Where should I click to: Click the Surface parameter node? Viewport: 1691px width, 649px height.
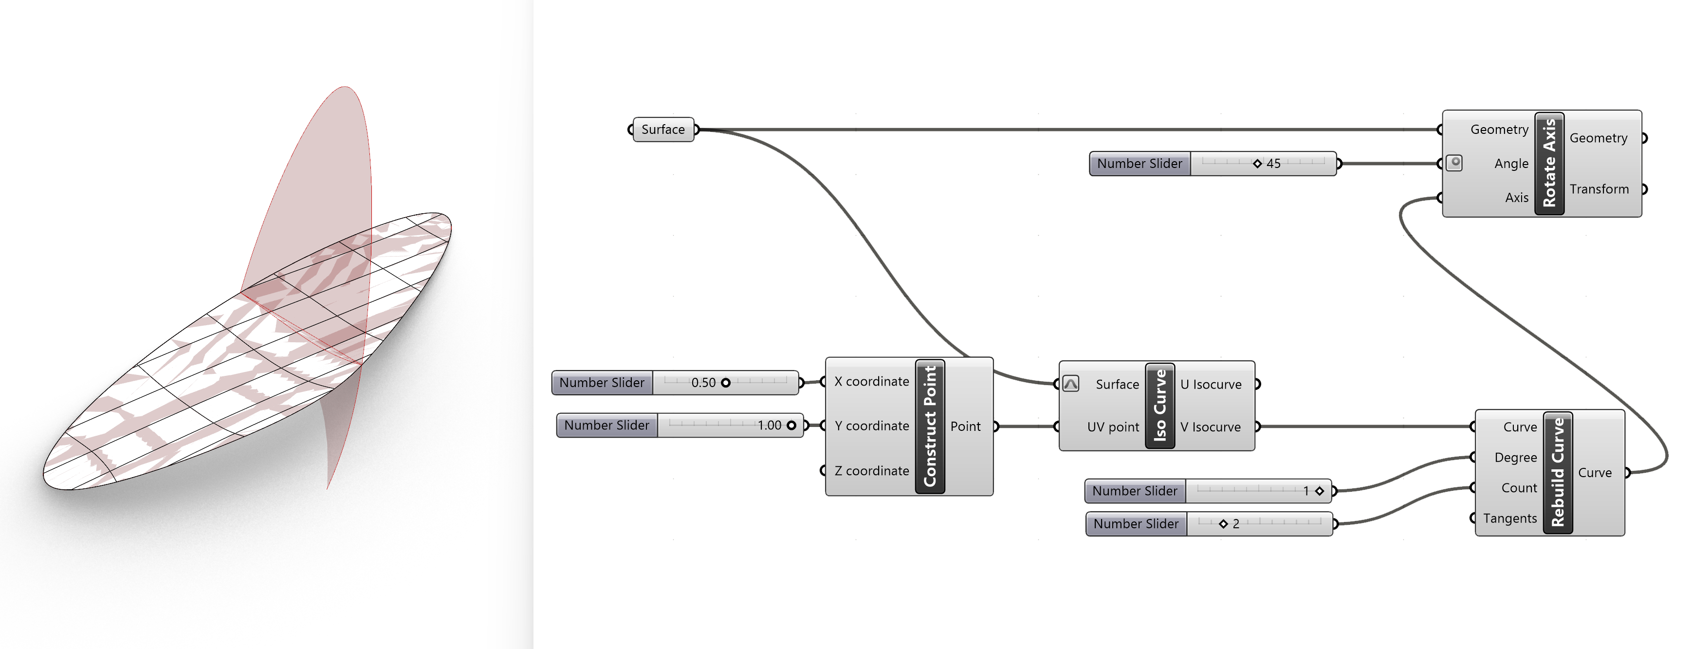[662, 130]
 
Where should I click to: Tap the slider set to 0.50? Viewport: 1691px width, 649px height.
[725, 382]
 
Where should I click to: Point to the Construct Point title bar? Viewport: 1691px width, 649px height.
[930, 426]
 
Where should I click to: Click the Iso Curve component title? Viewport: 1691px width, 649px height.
[1159, 405]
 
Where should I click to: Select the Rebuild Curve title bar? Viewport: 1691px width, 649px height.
[1557, 472]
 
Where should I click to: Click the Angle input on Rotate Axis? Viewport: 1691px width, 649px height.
[1510, 164]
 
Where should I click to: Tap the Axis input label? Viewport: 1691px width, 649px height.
[1516, 198]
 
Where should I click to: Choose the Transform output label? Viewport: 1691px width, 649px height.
[1599, 189]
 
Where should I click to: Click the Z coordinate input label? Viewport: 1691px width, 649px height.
[871, 471]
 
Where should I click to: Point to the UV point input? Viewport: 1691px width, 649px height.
[1113, 427]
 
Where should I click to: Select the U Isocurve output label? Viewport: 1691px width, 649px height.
[1211, 384]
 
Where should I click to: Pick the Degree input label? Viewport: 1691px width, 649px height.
[1515, 457]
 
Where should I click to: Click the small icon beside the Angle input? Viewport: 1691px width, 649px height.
[1455, 163]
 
